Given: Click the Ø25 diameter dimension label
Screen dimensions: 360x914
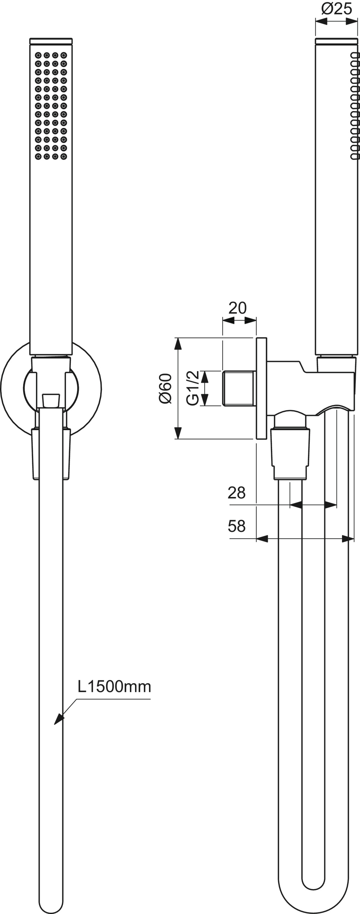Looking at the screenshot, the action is (337, 8).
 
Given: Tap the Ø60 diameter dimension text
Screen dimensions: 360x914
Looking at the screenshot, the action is (165, 388).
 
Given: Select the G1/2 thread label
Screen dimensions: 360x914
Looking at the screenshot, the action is (193, 388).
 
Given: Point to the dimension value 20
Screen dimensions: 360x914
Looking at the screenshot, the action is (237, 308).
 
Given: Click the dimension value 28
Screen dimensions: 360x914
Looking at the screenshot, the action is (237, 493).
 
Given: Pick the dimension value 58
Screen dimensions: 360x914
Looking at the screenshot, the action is (237, 526).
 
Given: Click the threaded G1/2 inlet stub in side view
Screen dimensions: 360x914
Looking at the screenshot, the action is (239, 388).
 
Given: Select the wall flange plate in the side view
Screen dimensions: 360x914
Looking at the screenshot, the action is (261, 388).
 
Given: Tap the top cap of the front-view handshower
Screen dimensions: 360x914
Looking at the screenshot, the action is (51, 41).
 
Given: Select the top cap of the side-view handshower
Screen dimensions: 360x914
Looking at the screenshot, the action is (337, 41).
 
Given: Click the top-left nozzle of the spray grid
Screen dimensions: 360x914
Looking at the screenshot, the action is (38, 55).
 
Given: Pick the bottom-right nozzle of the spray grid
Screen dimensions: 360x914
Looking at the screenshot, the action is (64, 156).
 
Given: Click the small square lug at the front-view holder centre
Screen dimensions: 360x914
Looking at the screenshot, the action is (51, 400).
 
